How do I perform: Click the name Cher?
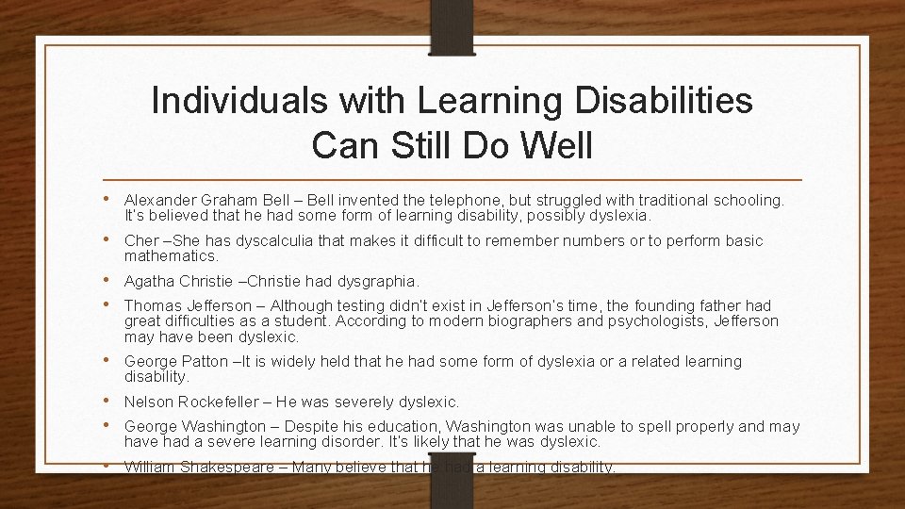(x=142, y=241)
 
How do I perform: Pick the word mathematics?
(x=172, y=255)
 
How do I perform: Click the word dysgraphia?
(x=377, y=281)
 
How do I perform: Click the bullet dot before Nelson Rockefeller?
(x=112, y=402)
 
